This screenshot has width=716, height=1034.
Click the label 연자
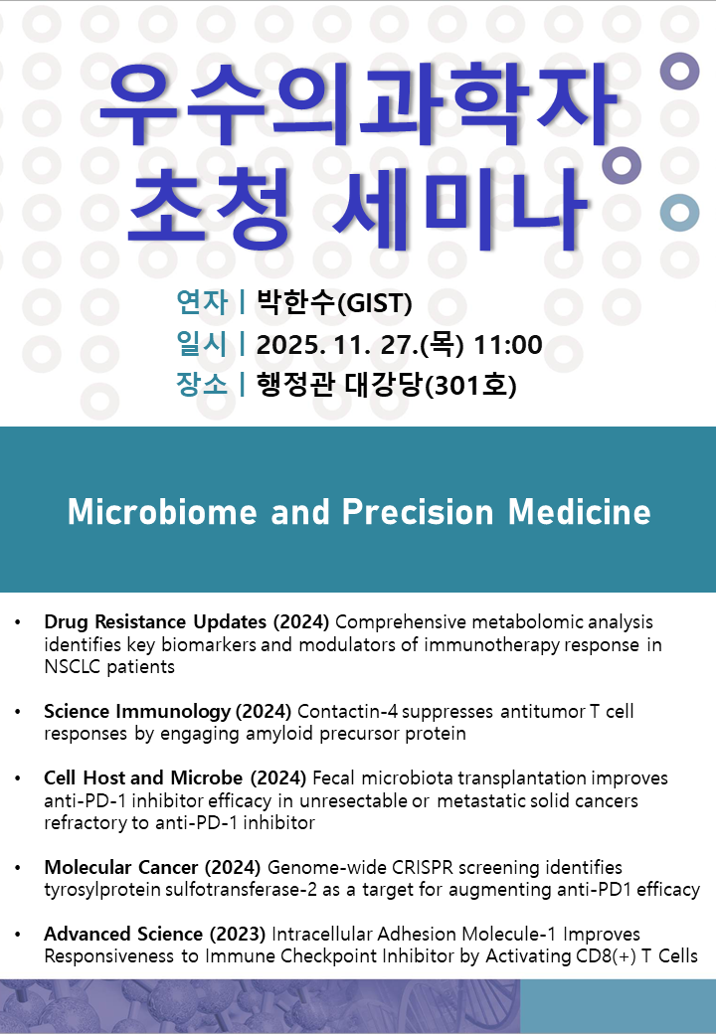tap(203, 302)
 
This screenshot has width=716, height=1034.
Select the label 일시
tap(203, 344)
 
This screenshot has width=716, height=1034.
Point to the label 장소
tap(203, 385)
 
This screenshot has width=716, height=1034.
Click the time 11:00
tap(508, 345)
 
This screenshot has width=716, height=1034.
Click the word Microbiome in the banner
tap(162, 512)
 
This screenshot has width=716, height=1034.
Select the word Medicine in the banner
tap(580, 512)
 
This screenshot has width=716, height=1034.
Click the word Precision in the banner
tap(418, 512)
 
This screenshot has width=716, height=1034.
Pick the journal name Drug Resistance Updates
tap(155, 621)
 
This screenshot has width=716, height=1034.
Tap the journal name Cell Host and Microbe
tap(144, 778)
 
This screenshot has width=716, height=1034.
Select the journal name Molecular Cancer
tap(121, 867)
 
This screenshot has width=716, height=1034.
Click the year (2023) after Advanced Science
tap(238, 934)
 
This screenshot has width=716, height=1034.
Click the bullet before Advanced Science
tap(18, 935)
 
